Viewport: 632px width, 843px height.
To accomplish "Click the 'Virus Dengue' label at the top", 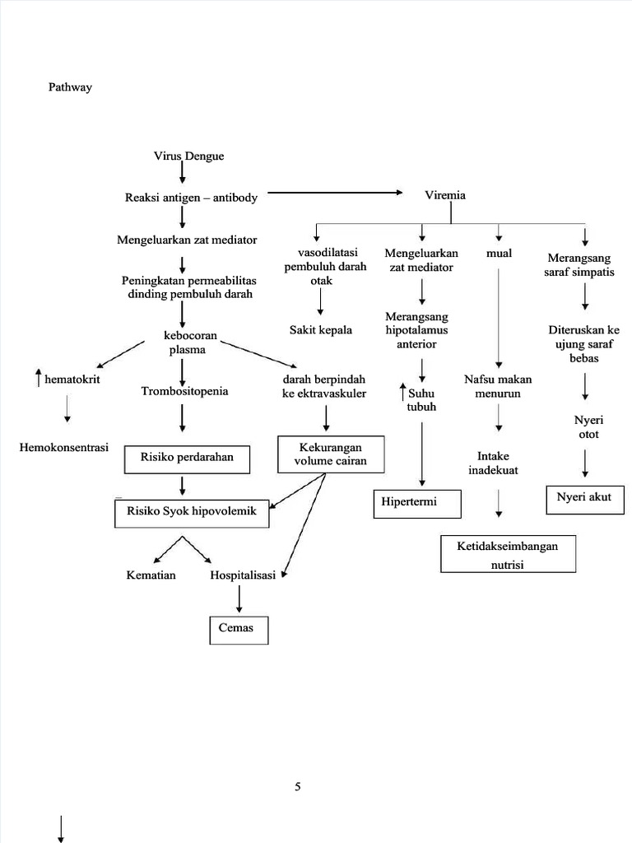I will [188, 156].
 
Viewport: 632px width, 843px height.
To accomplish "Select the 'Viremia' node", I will [444, 195].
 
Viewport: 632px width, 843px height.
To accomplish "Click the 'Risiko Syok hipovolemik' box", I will [191, 512].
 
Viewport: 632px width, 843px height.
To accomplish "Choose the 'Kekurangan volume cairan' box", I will [331, 454].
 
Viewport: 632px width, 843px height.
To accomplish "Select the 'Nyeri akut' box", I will [584, 498].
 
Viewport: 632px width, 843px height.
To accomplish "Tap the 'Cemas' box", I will [237, 629].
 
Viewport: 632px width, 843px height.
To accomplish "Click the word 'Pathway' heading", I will [70, 87].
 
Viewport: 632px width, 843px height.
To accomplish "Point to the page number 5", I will [298, 786].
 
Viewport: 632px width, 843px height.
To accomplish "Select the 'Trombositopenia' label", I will [184, 391].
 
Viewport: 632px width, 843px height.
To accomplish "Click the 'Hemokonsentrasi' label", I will [64, 448].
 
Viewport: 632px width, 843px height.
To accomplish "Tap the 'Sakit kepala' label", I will [320, 330].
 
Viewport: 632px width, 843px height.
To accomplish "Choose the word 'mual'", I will [499, 253].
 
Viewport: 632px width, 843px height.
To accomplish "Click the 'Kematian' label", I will [151, 575].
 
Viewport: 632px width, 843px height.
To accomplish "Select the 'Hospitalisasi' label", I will [242, 575].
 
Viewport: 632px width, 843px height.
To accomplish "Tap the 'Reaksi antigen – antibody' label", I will [191, 198].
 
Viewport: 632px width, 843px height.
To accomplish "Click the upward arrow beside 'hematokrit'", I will [38, 380].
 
